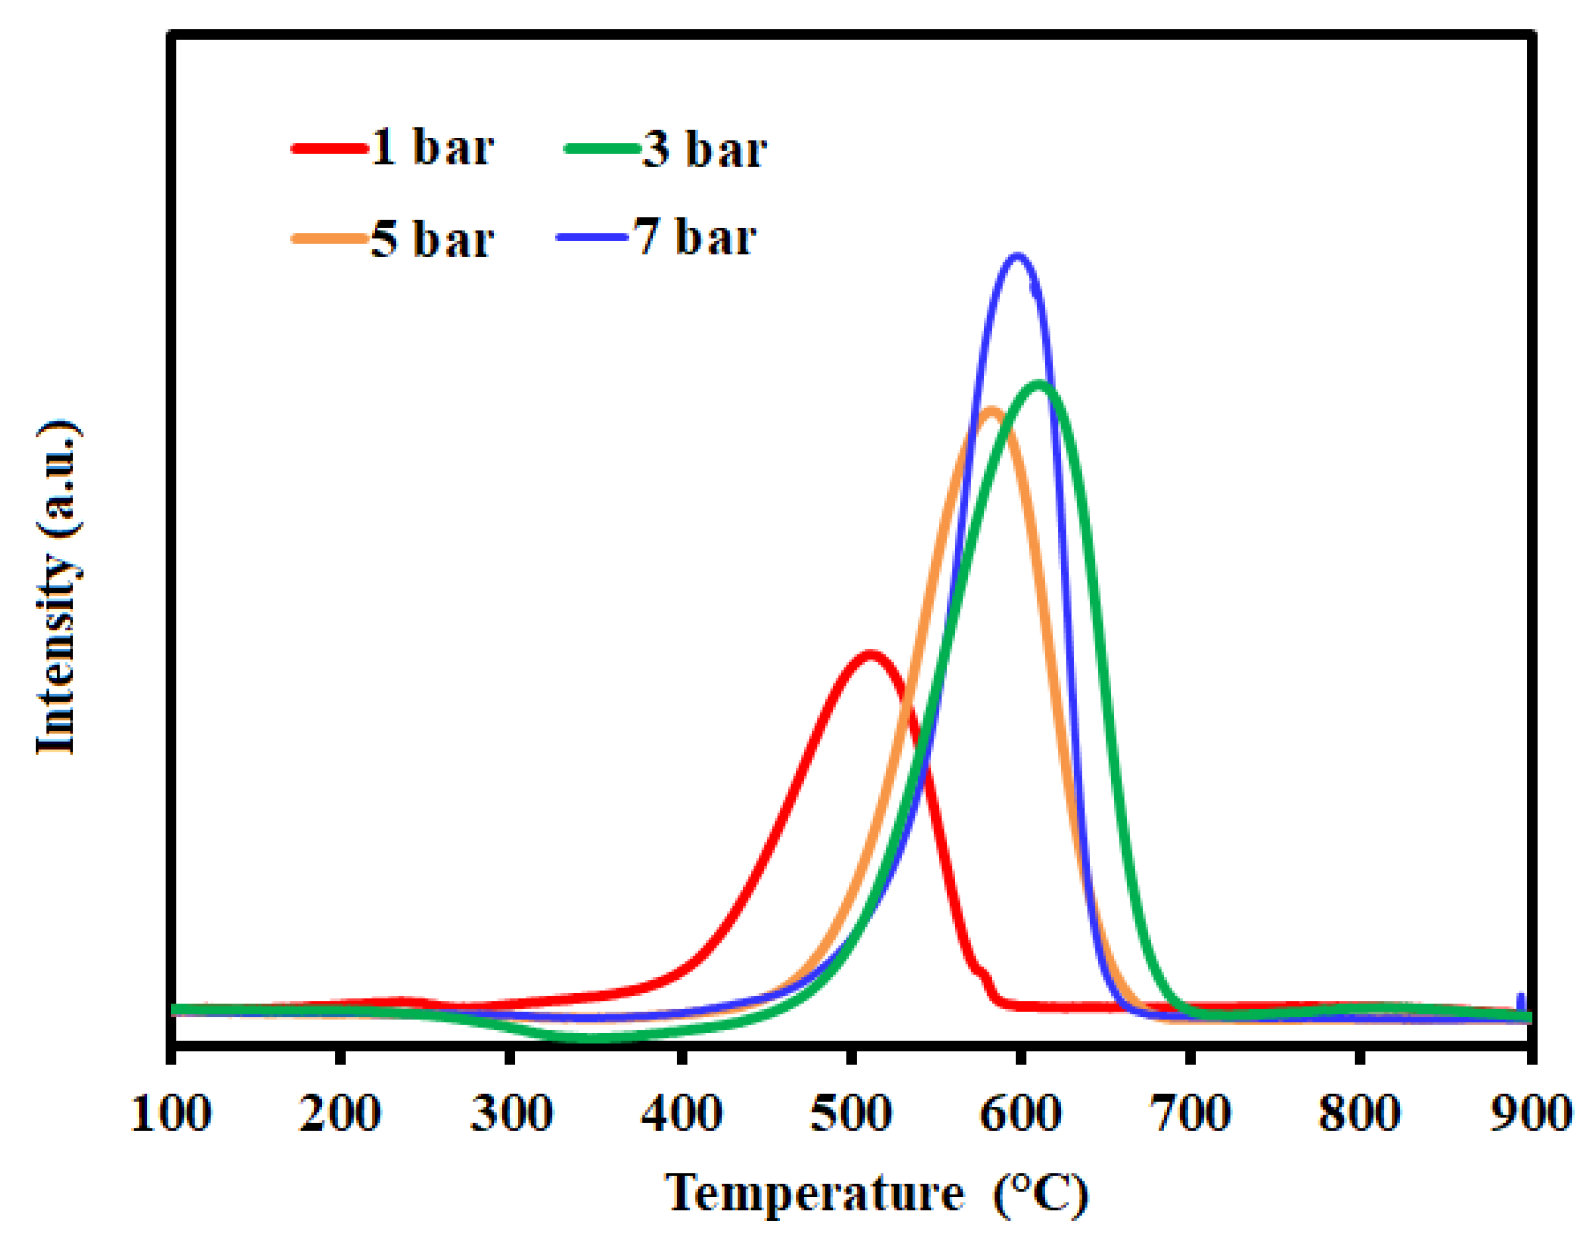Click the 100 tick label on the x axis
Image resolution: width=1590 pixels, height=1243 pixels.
171,1114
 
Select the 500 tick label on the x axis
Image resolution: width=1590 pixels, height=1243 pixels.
851,1114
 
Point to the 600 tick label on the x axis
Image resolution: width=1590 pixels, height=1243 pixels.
1020,1114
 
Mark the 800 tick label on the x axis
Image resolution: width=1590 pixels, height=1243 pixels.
1359,1114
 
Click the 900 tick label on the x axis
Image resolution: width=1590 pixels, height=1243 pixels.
1529,1114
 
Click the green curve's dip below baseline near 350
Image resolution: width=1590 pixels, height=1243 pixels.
593,1036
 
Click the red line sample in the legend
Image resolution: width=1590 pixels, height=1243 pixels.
329,149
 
